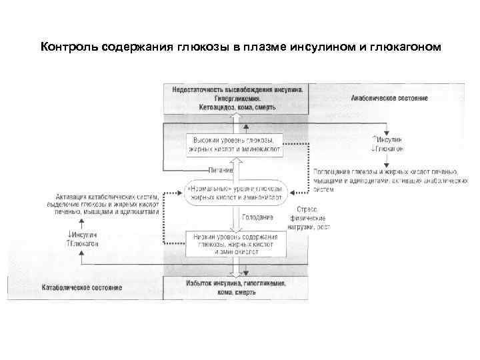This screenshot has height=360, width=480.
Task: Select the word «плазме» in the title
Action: click(x=261, y=47)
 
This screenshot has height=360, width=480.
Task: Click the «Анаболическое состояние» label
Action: click(x=389, y=99)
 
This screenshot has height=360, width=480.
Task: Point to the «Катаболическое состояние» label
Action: click(x=81, y=287)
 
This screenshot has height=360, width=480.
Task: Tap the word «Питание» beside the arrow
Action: click(x=220, y=169)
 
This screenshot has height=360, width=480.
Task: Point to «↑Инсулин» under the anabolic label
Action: click(x=389, y=140)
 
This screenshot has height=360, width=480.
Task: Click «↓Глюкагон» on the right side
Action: click(x=389, y=149)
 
